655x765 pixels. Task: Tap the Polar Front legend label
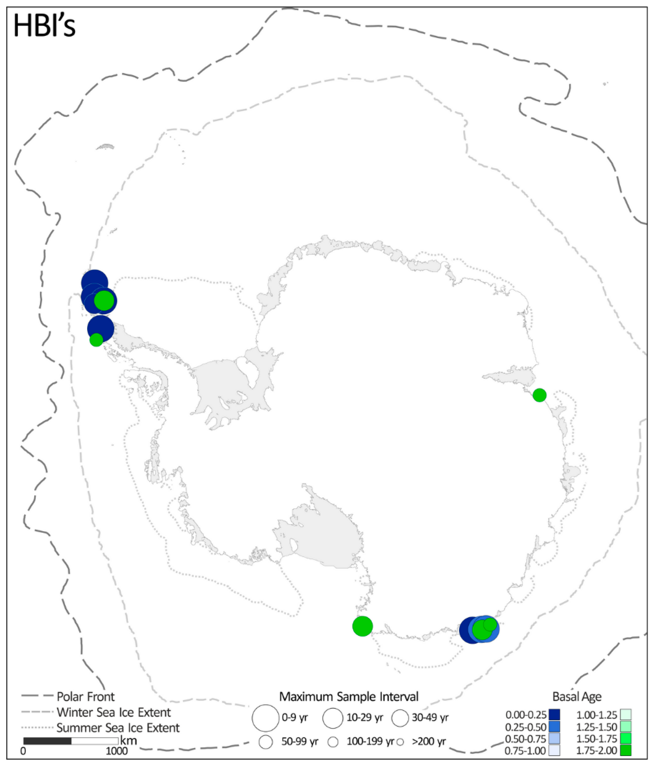(86, 697)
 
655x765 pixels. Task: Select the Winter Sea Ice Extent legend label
(113, 712)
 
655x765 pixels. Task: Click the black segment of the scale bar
(47, 741)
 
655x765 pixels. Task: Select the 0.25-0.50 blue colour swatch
(554, 727)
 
